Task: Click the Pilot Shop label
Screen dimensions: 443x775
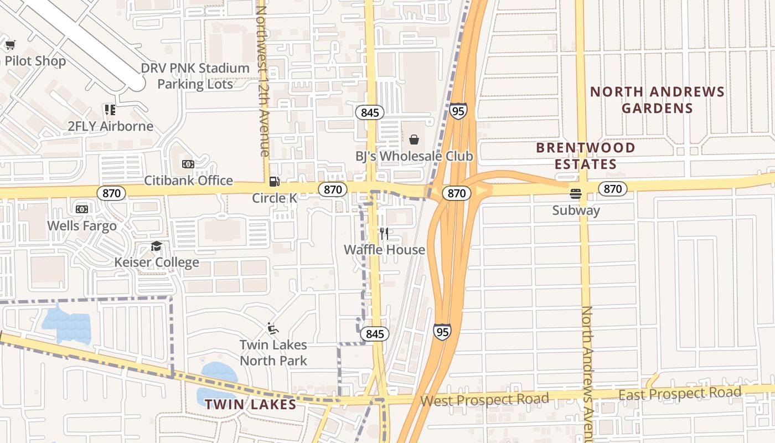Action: click(34, 61)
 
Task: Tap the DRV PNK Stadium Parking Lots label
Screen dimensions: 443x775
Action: click(195, 76)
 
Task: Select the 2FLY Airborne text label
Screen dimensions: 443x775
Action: click(110, 126)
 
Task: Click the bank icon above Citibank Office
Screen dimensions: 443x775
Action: click(188, 164)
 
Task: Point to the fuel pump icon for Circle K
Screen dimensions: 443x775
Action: click(274, 182)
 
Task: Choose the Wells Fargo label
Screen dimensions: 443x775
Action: click(82, 225)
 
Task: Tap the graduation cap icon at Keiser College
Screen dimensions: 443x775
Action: click(157, 246)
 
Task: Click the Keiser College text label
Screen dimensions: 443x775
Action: click(157, 262)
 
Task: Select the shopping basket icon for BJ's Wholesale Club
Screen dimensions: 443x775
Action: click(414, 140)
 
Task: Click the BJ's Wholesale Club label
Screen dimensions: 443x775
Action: click(414, 156)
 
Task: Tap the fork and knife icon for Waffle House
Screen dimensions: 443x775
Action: click(384, 234)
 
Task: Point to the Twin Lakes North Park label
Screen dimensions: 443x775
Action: click(273, 352)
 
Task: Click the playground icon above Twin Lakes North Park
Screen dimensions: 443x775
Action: click(272, 328)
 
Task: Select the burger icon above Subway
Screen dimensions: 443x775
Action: click(576, 194)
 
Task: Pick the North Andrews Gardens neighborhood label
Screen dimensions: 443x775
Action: click(657, 100)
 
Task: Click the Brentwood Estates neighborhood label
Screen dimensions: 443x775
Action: click(586, 156)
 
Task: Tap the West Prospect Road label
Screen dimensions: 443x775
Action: click(485, 399)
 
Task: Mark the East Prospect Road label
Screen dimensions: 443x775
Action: click(680, 394)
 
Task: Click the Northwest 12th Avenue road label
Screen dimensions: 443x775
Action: click(262, 80)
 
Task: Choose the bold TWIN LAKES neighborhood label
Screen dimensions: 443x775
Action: click(251, 404)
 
